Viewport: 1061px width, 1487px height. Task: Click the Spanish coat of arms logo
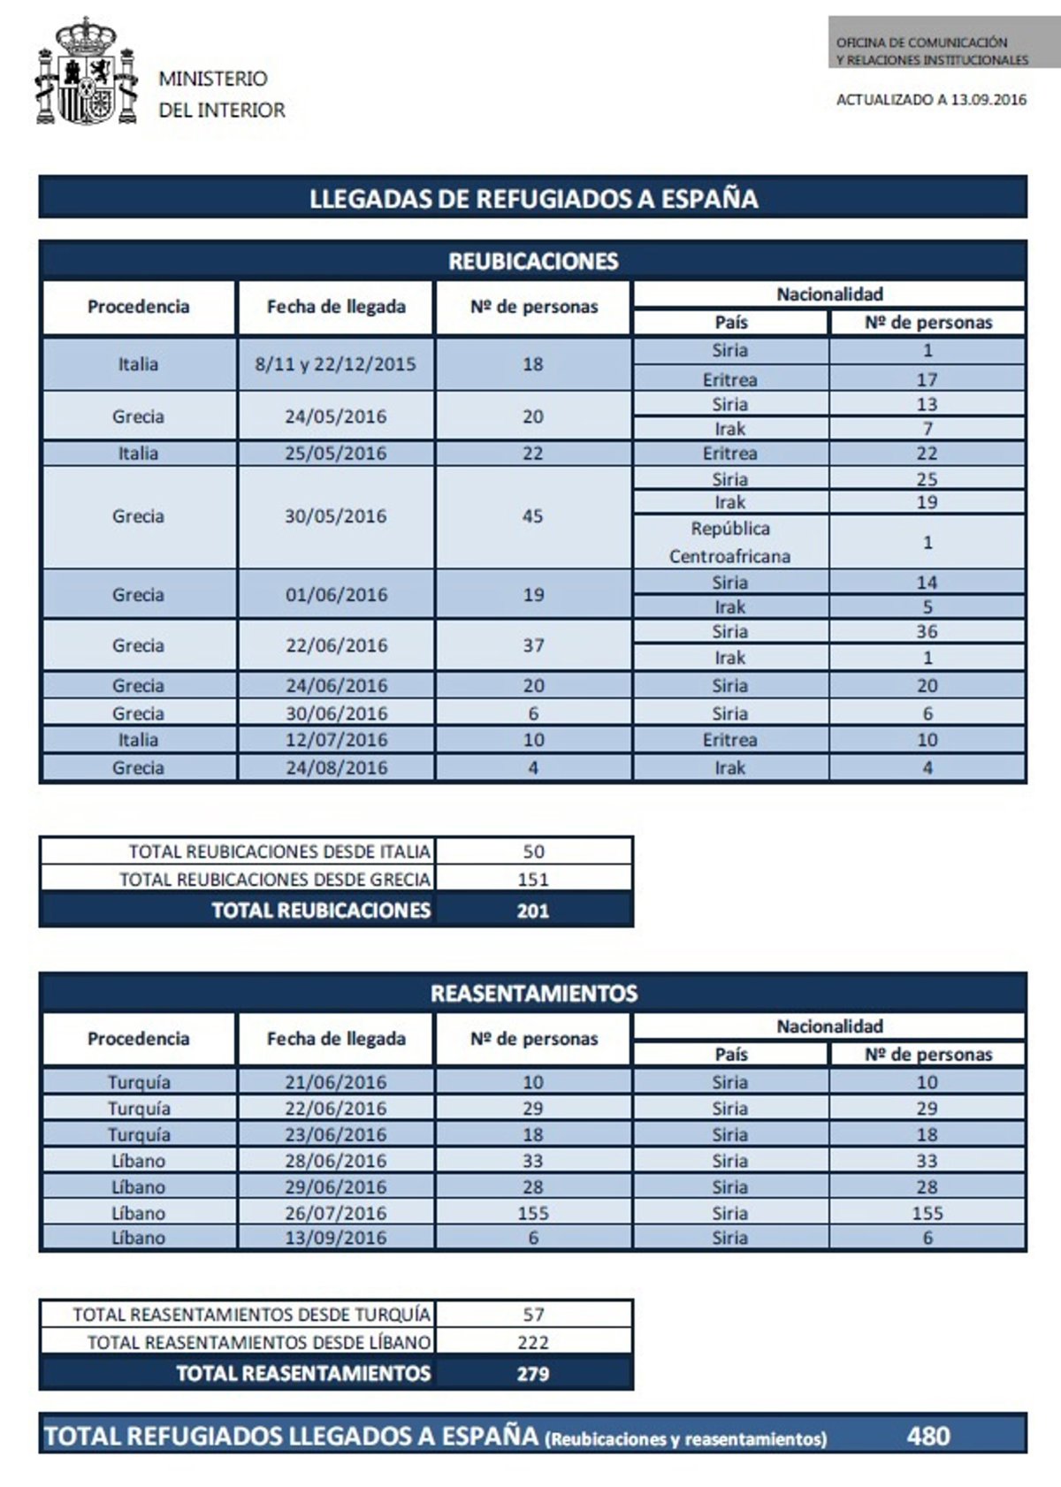87,72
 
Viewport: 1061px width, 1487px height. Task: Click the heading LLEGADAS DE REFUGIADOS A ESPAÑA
533,198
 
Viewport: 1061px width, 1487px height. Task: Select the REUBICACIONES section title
533,261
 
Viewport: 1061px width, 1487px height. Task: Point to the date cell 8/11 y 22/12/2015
335,364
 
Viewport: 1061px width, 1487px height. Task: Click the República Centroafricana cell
729,542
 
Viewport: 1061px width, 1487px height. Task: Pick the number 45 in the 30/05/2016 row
532,516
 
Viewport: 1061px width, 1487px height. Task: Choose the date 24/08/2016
335,767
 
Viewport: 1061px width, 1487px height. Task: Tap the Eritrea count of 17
927,379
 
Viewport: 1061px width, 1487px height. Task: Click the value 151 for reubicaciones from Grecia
533,880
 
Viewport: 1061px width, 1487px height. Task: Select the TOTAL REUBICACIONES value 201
533,911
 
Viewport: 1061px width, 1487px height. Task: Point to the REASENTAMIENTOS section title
533,994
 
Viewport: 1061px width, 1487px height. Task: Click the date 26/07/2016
335,1213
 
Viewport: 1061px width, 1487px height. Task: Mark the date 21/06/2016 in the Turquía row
335,1082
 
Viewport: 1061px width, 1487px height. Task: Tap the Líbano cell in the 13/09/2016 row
138,1238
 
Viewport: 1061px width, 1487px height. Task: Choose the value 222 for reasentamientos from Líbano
533,1342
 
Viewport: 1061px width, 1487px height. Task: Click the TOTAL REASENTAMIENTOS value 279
533,1374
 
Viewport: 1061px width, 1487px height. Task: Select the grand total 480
927,1436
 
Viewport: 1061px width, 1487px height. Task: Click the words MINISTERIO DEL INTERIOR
221,94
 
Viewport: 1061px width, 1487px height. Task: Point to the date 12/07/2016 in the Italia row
335,740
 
